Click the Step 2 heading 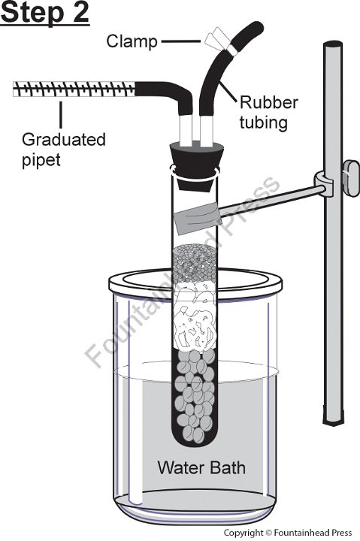[45, 13]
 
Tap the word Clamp [132, 42]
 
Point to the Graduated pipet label [64, 150]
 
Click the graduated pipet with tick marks [74, 89]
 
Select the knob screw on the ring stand [352, 178]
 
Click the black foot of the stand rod [334, 415]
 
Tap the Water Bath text [201, 467]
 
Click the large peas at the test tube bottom [195, 397]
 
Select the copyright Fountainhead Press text [288, 533]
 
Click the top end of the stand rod [333, 44]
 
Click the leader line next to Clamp [181, 41]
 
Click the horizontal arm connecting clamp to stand [271, 199]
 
